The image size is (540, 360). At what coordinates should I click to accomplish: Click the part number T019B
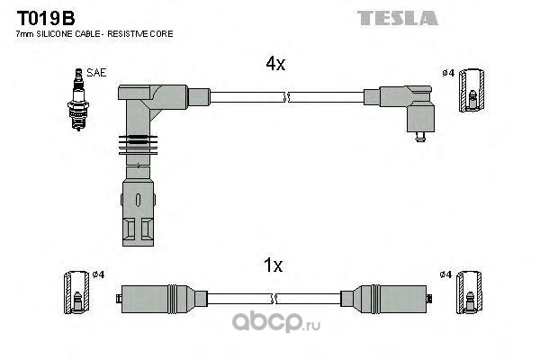click(x=46, y=18)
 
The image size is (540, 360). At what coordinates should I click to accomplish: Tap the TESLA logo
click(x=398, y=18)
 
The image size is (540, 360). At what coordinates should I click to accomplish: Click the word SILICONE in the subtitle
click(x=54, y=34)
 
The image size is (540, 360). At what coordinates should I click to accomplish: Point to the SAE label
click(x=96, y=73)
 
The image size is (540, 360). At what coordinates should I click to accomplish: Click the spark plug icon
click(x=78, y=100)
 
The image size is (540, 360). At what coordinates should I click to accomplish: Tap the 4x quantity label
click(x=275, y=64)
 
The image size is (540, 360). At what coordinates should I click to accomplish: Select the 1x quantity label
click(x=273, y=265)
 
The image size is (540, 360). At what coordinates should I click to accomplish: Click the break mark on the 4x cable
click(x=286, y=97)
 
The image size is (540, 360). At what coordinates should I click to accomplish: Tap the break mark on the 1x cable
click(x=274, y=299)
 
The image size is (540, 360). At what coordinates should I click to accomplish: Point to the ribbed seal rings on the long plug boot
click(x=138, y=145)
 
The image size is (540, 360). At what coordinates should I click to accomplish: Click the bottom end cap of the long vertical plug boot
click(x=138, y=213)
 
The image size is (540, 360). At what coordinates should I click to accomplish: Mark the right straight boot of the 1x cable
click(x=386, y=299)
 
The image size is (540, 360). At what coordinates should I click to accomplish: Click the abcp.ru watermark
click(x=276, y=322)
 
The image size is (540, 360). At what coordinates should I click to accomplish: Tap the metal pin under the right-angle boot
click(x=420, y=137)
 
